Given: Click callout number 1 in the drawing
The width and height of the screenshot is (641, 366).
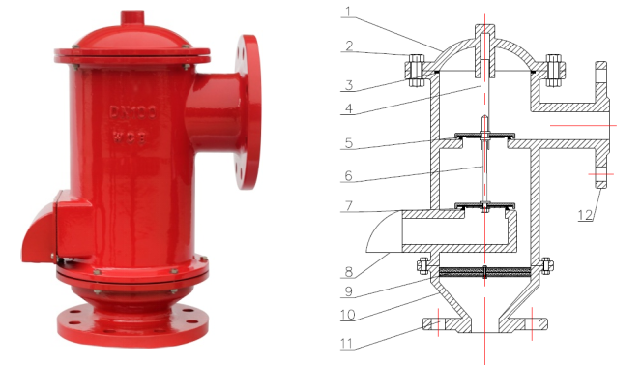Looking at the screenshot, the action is tap(347, 12).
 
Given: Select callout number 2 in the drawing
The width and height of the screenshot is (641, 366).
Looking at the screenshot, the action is tap(349, 46).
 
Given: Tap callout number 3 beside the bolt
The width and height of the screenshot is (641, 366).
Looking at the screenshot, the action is tap(349, 85).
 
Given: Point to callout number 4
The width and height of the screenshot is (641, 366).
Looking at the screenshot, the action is tap(349, 108).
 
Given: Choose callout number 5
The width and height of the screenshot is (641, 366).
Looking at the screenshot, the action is tap(349, 143).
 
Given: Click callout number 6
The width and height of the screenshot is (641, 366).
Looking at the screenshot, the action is tap(348, 175).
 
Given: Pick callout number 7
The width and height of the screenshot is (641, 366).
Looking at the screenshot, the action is tap(348, 205).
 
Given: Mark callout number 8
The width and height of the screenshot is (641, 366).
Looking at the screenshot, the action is tap(349, 272).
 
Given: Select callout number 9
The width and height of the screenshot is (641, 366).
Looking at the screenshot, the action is tap(349, 291).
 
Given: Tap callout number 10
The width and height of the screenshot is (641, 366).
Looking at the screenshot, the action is tap(348, 315).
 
